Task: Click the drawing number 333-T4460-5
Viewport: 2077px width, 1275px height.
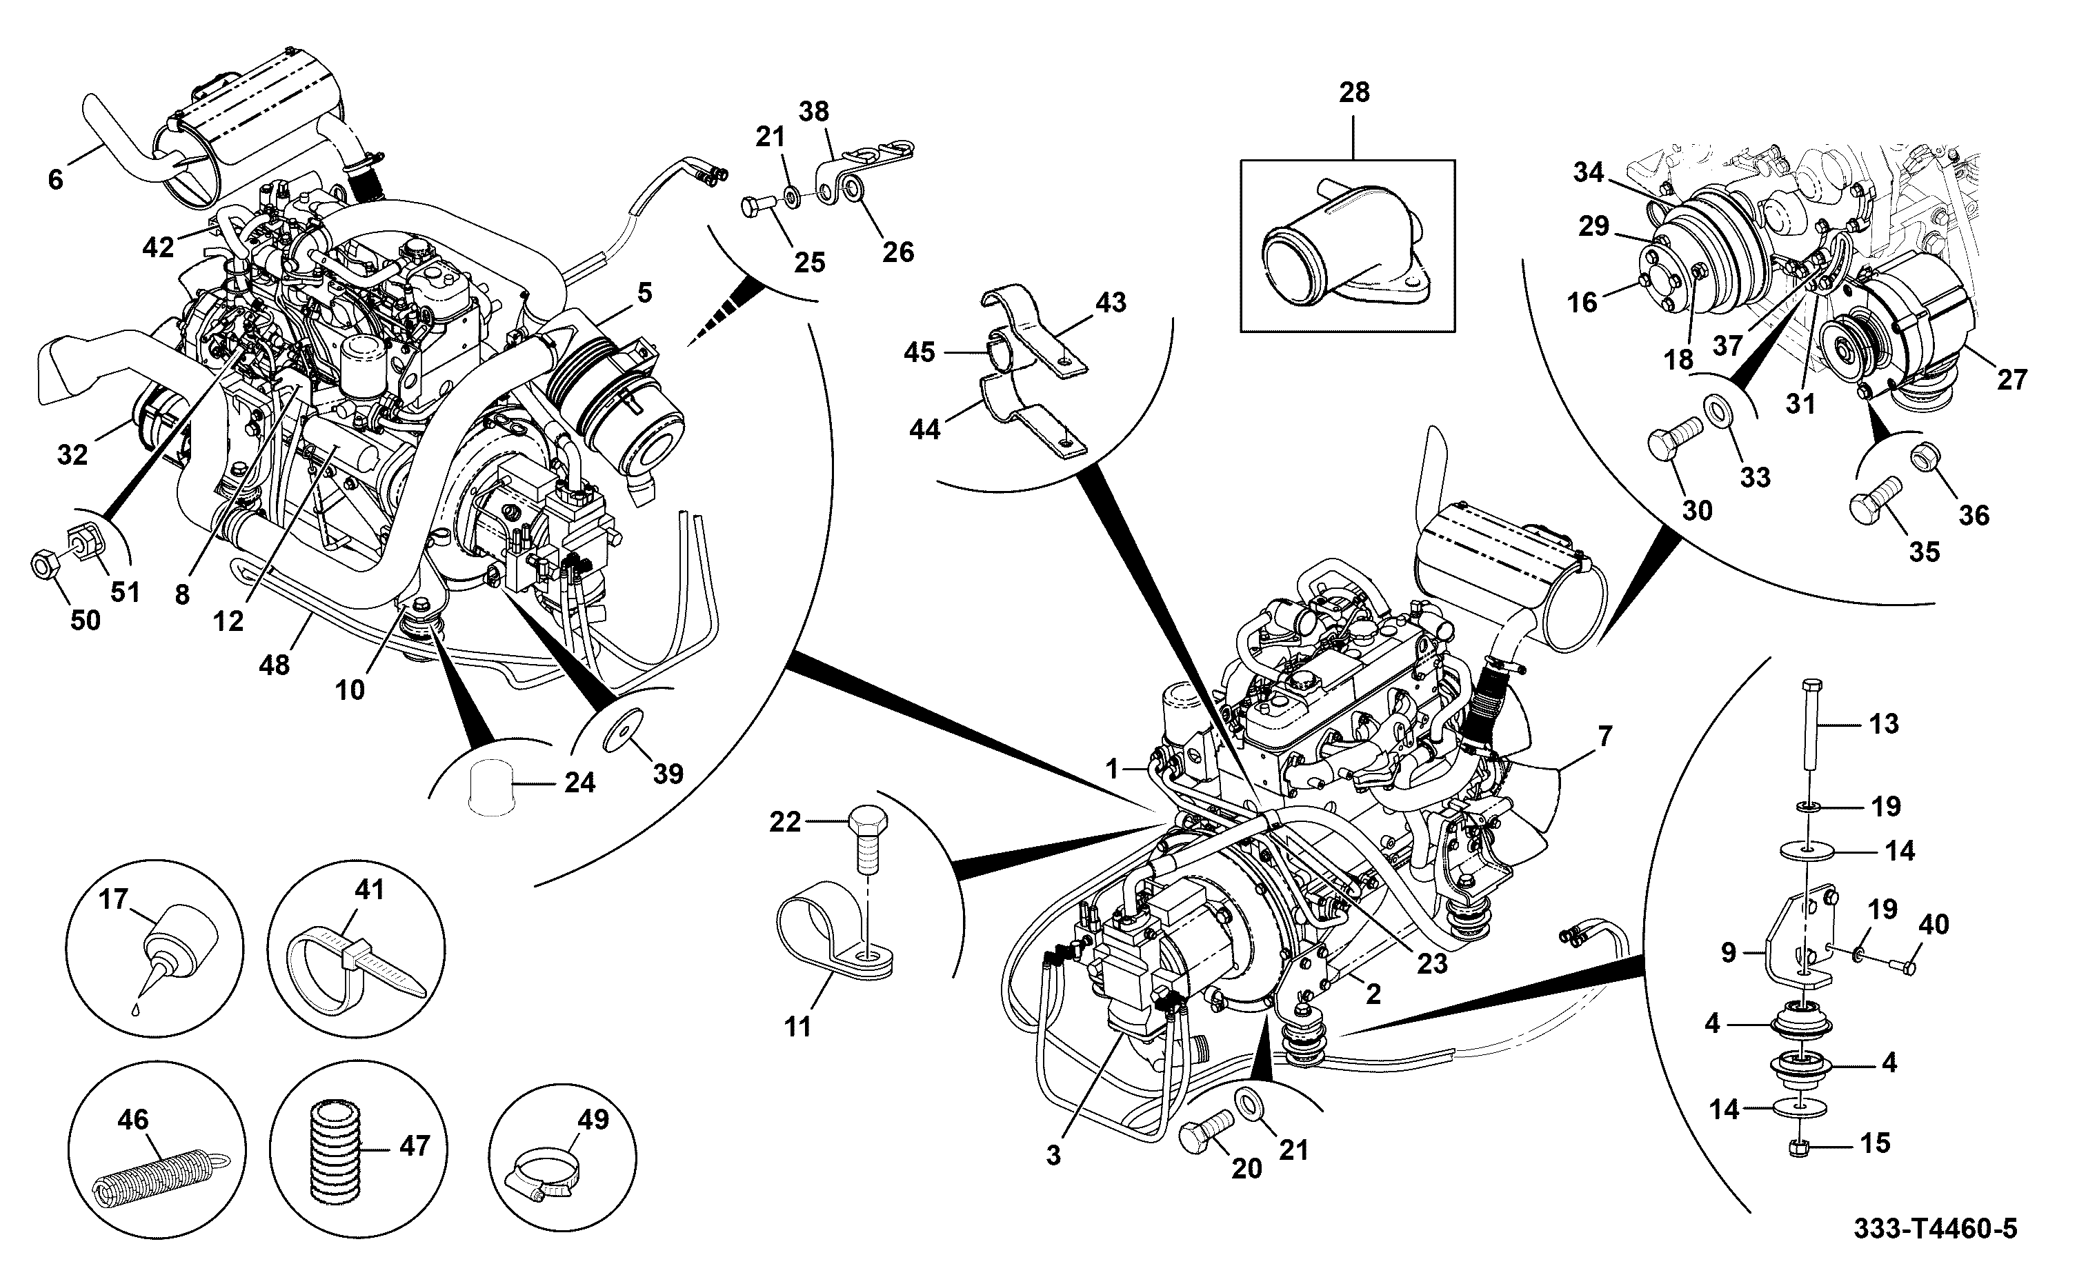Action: [1934, 1229]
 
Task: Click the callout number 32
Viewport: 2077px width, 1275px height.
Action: [72, 455]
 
